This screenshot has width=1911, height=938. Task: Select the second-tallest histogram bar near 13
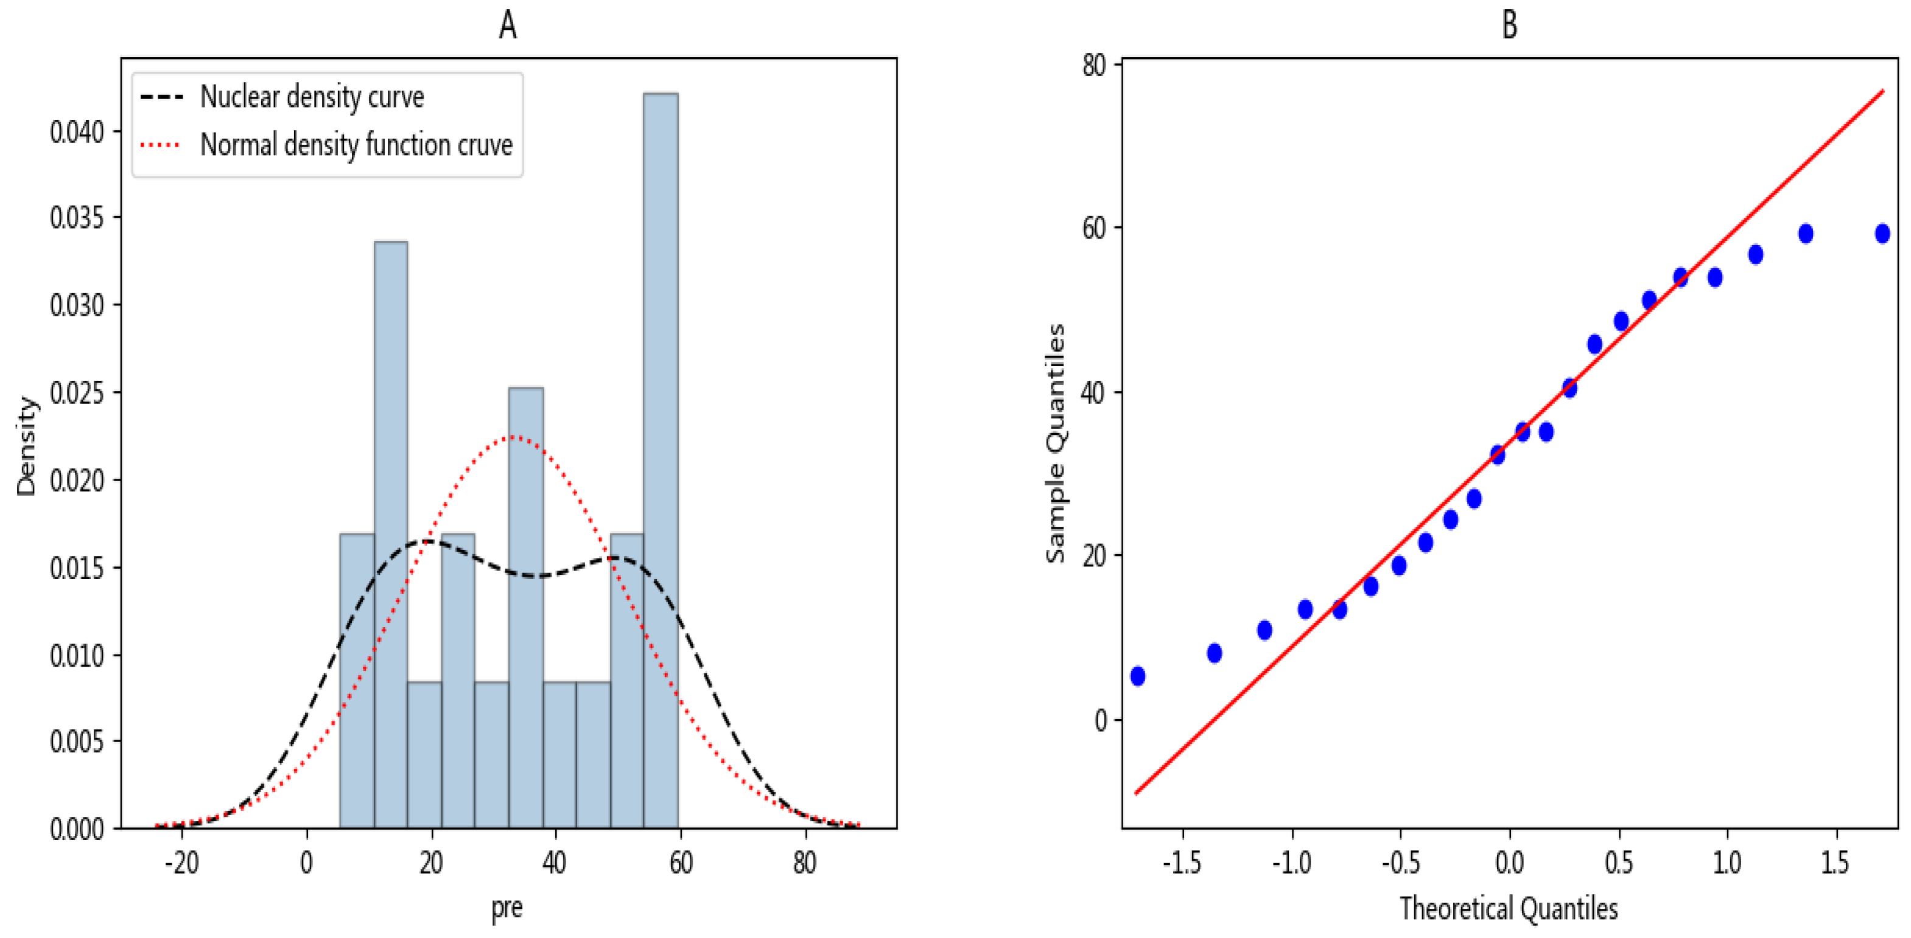[x=390, y=534]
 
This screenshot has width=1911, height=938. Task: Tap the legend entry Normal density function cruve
[x=356, y=145]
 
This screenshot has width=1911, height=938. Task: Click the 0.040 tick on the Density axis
[x=77, y=132]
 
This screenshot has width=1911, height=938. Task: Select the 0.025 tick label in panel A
[x=77, y=393]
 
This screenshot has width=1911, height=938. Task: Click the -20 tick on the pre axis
[x=182, y=863]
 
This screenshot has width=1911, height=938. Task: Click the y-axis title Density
[x=26, y=446]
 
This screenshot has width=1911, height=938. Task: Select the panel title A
[x=507, y=25]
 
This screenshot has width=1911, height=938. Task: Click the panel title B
[x=1509, y=25]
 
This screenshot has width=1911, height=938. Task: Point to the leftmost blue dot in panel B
[x=1137, y=675]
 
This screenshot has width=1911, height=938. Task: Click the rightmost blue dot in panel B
[x=1882, y=234]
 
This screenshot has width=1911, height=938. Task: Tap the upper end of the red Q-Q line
[x=1882, y=91]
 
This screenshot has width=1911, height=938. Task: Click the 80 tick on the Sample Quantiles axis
[x=1093, y=65]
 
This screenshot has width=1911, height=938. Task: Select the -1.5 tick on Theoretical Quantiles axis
[x=1182, y=863]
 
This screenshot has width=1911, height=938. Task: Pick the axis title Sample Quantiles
[x=1056, y=443]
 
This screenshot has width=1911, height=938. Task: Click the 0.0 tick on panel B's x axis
[x=1509, y=863]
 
